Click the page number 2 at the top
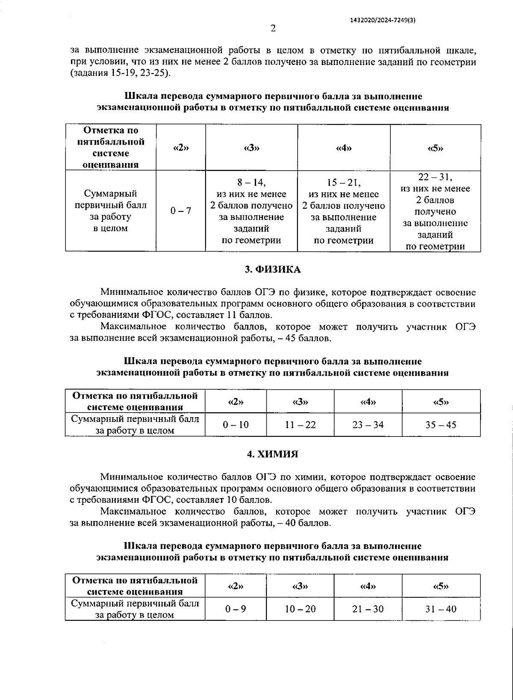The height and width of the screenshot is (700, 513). point(274,29)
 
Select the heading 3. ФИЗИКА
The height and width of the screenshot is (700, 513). point(273,270)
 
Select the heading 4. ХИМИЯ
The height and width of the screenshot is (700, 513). point(273,454)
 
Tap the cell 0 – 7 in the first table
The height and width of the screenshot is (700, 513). point(181,211)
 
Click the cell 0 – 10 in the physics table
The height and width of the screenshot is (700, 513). point(236,425)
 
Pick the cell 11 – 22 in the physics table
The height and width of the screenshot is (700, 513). point(300,425)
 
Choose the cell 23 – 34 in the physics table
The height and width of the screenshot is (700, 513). point(368,425)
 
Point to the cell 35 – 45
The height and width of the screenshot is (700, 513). point(441,425)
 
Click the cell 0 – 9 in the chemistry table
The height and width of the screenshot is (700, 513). point(236,609)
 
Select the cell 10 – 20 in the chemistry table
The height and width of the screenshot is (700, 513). point(300,609)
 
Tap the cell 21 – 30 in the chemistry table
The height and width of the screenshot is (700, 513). point(368,609)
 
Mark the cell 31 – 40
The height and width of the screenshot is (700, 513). point(441,609)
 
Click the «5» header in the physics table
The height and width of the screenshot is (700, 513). point(441,402)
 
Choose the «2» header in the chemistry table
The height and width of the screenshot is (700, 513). point(236,586)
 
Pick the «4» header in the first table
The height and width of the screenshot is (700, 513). point(344,148)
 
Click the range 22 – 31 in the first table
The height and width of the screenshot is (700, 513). point(435,177)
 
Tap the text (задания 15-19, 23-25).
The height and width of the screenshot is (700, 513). point(121,73)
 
